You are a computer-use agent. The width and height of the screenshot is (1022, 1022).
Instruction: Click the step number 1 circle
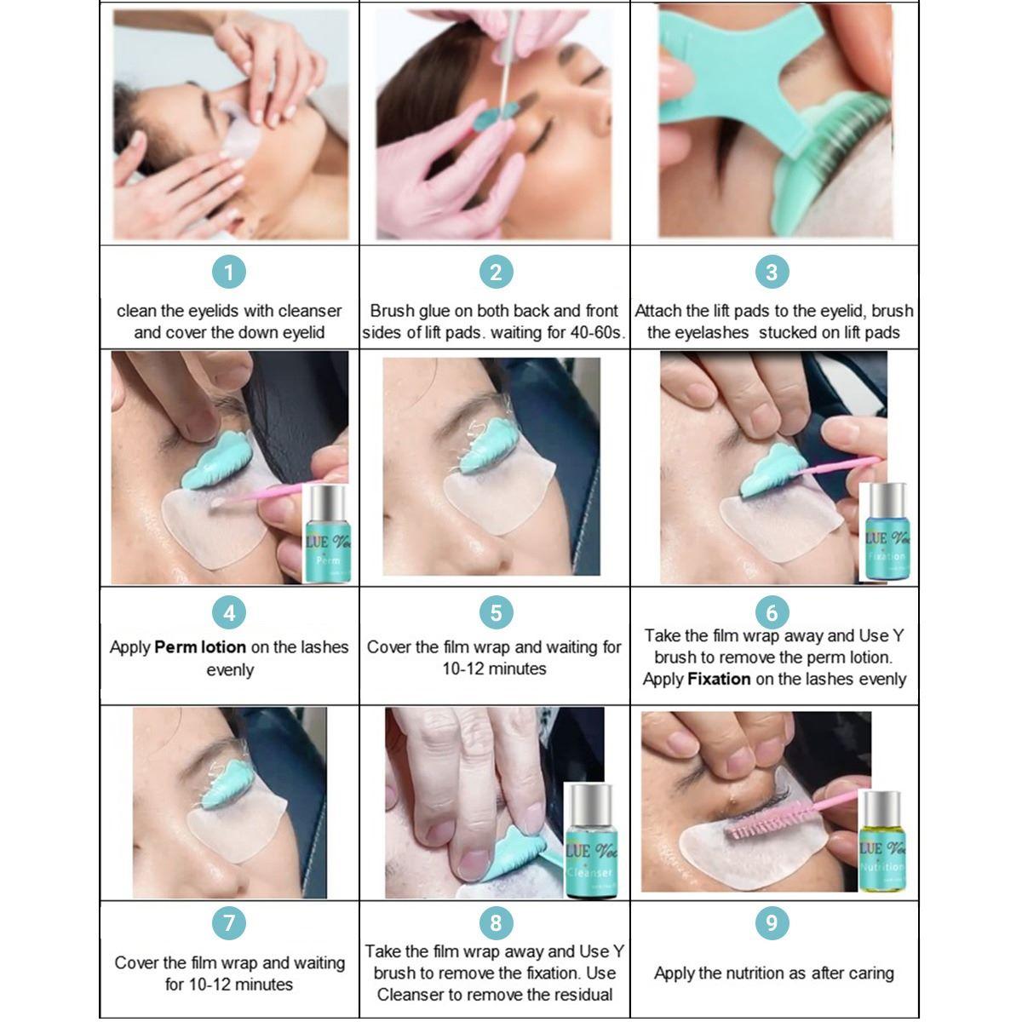229,273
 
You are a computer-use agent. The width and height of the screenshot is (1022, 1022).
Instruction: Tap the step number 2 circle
496,273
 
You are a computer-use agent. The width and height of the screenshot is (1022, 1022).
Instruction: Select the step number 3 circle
772,273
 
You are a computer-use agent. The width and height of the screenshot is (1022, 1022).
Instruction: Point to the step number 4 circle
229,611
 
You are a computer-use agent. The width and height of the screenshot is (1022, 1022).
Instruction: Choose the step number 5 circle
496,611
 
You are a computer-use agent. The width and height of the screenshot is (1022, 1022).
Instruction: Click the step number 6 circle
772,611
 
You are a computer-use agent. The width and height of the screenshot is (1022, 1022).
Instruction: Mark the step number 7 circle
229,922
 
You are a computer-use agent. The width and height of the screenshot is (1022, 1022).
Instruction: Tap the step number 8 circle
496,922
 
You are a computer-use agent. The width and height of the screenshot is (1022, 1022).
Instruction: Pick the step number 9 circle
772,922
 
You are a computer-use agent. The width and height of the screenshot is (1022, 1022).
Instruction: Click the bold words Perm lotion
200,647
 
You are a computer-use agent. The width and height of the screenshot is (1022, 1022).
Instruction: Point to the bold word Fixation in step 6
719,680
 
